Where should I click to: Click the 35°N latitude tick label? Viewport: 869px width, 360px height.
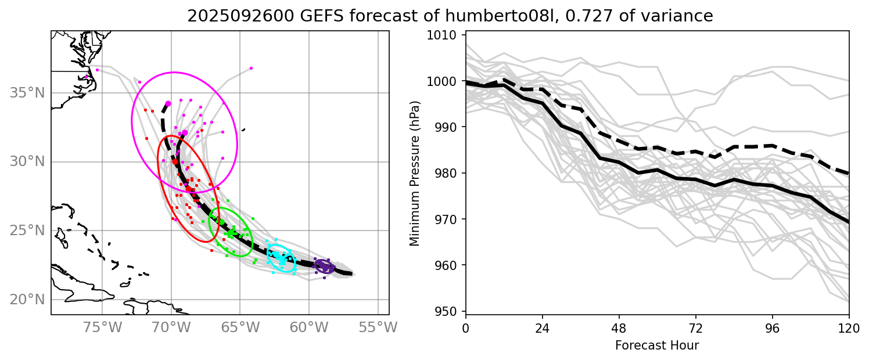click(28, 93)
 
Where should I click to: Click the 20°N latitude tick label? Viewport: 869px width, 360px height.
click(28, 300)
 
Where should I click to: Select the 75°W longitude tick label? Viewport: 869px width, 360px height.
click(102, 328)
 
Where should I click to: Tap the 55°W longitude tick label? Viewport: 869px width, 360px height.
click(378, 328)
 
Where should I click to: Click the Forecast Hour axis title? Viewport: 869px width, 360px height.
click(657, 345)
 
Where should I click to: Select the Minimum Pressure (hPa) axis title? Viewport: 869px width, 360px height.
click(414, 174)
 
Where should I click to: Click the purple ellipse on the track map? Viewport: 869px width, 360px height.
click(324, 267)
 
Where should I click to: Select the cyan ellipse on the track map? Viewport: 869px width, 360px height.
click(281, 258)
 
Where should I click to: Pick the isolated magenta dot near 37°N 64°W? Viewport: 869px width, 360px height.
click(251, 68)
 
